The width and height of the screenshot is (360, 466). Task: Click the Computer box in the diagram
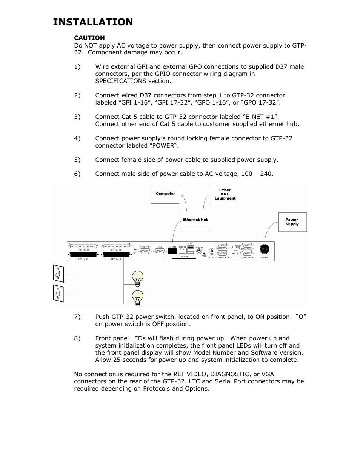click(x=165, y=194)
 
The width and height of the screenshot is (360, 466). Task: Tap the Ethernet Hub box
click(x=195, y=220)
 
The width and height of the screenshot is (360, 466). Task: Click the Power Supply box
click(x=292, y=222)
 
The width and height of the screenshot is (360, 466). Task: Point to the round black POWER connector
click(x=264, y=249)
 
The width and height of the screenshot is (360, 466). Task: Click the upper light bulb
click(x=138, y=278)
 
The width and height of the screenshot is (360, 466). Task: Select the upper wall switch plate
click(x=58, y=274)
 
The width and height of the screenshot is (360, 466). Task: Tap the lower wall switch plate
click(x=58, y=293)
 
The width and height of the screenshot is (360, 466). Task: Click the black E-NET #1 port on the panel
click(x=172, y=251)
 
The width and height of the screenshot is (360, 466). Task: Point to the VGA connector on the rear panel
click(x=160, y=251)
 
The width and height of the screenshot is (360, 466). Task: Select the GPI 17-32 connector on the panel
click(x=83, y=245)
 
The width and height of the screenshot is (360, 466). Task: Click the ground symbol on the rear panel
click(x=135, y=249)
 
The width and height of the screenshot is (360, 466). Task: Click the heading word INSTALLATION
click(x=93, y=22)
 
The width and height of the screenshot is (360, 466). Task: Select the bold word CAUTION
click(x=89, y=38)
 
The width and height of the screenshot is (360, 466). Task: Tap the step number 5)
click(x=77, y=160)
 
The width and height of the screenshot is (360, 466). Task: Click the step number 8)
click(x=77, y=338)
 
